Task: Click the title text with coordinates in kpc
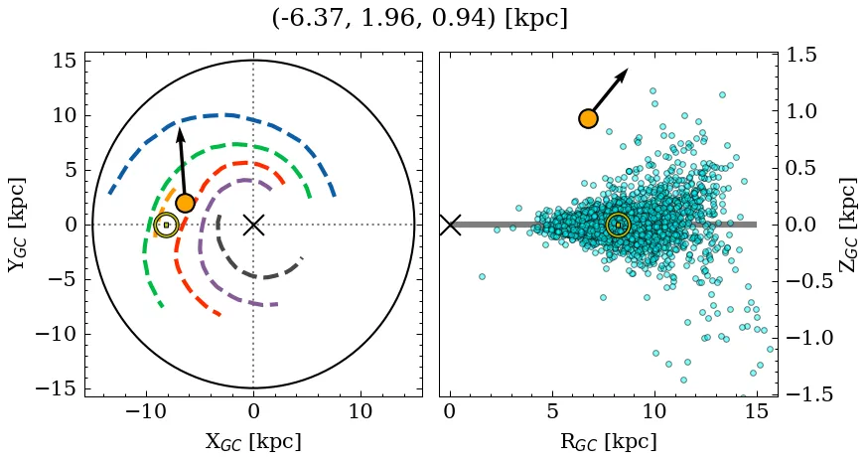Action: pos(419,18)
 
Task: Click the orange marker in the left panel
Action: pos(185,203)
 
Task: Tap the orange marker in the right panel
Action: pos(588,118)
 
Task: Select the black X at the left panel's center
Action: pos(253,225)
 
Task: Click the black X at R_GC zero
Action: pos(450,225)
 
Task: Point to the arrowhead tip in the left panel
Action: pos(179,127)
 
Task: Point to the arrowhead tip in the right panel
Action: pos(628,70)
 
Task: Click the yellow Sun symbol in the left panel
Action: pos(166,226)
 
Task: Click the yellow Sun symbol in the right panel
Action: pos(618,226)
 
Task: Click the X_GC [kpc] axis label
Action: pos(253,441)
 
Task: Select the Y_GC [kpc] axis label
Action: pos(17,225)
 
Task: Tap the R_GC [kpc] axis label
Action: pos(608,441)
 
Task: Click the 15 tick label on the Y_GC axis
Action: pos(65,61)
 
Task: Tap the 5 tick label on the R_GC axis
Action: pos(552,410)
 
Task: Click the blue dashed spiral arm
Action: pos(228,115)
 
